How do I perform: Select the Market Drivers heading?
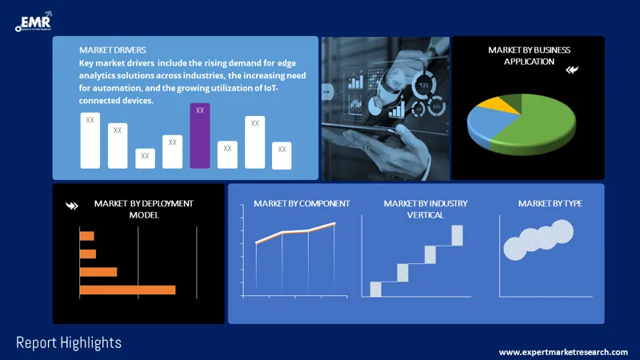click(x=113, y=50)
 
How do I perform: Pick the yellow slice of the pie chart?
click(x=506, y=102)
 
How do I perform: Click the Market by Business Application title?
click(x=529, y=55)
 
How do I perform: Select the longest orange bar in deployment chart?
click(x=127, y=290)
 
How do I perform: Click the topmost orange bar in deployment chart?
click(x=86, y=236)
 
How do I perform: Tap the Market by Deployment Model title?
click(x=143, y=209)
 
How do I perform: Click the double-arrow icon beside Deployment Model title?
click(x=71, y=206)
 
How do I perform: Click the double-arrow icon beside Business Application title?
click(x=571, y=70)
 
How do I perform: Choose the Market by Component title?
click(x=302, y=204)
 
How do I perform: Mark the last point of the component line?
click(x=334, y=223)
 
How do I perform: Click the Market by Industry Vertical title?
click(x=425, y=209)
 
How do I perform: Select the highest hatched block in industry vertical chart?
click(x=457, y=235)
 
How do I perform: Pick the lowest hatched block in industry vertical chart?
click(x=375, y=289)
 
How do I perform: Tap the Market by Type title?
click(x=550, y=204)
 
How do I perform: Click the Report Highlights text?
click(x=69, y=342)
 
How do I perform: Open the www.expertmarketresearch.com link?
click(x=563, y=352)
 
